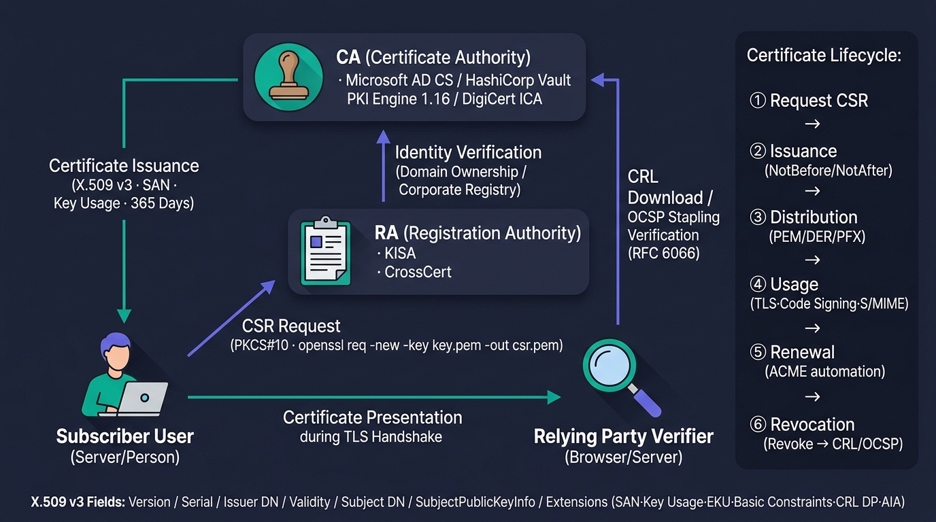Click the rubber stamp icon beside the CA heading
(288, 76)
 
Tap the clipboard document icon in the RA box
(326, 251)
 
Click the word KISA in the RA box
(400, 253)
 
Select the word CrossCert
(418, 272)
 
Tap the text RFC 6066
(663, 253)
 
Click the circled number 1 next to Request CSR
(758, 100)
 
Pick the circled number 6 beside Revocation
(758, 424)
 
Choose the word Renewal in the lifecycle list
(802, 352)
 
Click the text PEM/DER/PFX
(818, 237)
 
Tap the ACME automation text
(825, 371)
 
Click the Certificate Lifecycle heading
(824, 55)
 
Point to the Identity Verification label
(469, 152)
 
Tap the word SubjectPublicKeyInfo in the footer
(475, 502)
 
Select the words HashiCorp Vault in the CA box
(518, 80)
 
